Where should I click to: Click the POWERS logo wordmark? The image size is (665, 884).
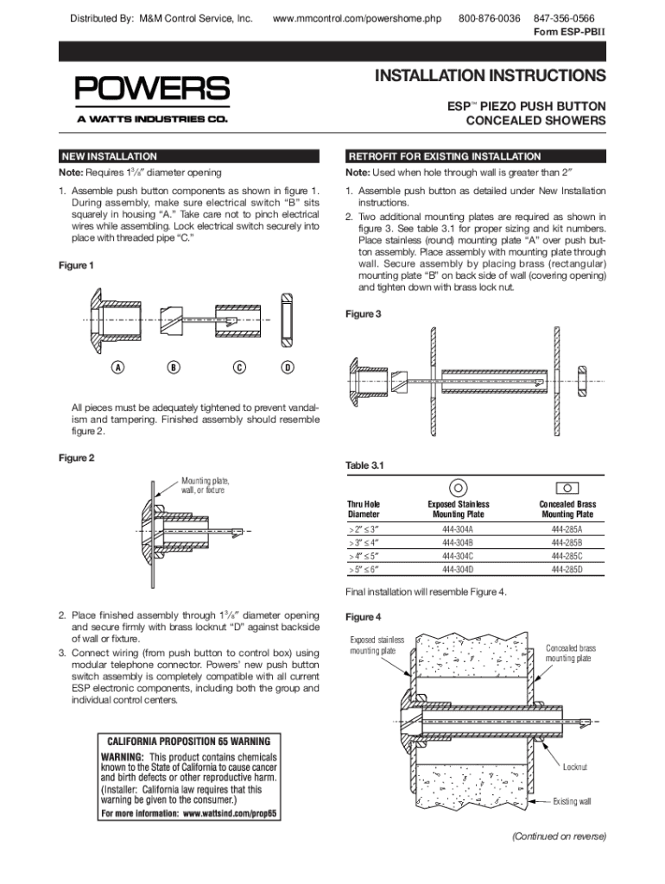[x=151, y=88]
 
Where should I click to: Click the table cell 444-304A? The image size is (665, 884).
[x=458, y=528]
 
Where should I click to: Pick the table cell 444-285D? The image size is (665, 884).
[x=567, y=570]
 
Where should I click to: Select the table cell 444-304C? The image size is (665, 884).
[x=458, y=556]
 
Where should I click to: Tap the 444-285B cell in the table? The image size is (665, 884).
[x=567, y=542]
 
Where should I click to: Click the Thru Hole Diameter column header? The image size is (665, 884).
[x=363, y=509]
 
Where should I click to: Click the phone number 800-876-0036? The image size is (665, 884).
[x=489, y=18]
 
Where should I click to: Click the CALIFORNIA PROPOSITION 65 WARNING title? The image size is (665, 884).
[x=188, y=742]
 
